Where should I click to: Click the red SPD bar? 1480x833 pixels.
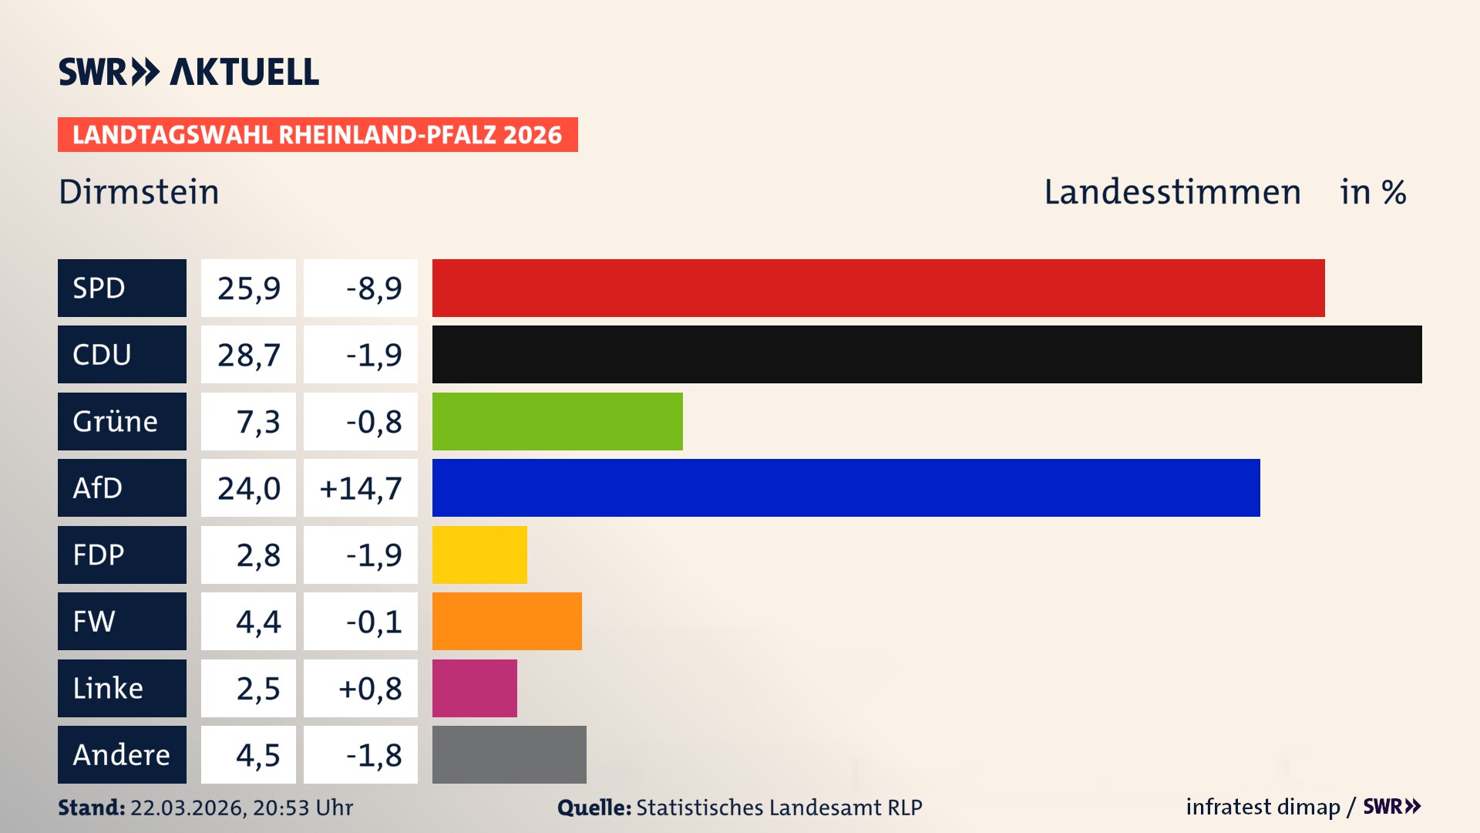(x=878, y=288)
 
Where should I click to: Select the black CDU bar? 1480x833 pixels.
(x=927, y=354)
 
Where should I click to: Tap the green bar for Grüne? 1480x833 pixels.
(x=557, y=421)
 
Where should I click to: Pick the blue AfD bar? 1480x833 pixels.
(x=846, y=487)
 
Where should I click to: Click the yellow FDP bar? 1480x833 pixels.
(x=479, y=555)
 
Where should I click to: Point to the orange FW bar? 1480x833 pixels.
(x=506, y=621)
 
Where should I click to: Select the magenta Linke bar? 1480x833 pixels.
(x=474, y=688)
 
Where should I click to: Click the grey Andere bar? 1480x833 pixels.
(x=509, y=754)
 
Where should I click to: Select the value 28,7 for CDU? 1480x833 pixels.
(x=248, y=355)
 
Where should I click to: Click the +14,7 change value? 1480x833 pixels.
(x=360, y=488)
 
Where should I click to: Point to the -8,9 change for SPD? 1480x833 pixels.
(x=373, y=288)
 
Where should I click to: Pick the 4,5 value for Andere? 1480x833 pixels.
(x=257, y=755)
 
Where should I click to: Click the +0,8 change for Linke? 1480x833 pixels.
(x=369, y=689)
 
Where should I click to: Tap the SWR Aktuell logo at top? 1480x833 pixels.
(x=188, y=72)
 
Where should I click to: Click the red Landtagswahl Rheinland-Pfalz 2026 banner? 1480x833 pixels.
(x=317, y=135)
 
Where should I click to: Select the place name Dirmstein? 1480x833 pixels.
(x=139, y=192)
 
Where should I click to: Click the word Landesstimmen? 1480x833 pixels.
(x=1172, y=192)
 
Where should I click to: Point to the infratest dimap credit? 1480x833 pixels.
(x=1262, y=807)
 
